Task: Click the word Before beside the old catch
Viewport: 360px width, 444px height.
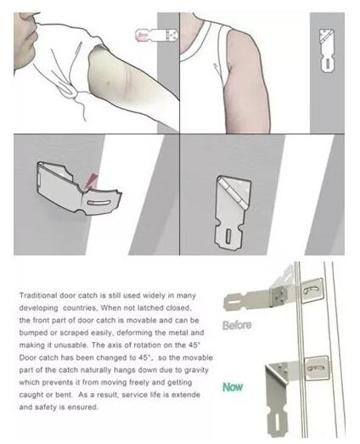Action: tap(237, 325)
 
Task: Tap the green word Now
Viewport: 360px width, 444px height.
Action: tap(233, 387)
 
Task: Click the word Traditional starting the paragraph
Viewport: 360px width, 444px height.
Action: tap(38, 295)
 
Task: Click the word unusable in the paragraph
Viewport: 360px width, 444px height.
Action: tap(70, 346)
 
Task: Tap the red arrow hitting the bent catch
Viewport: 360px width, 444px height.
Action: tap(91, 181)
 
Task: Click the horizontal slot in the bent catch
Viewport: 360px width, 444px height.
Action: tap(98, 203)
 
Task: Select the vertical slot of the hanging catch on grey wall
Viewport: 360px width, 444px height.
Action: tap(228, 236)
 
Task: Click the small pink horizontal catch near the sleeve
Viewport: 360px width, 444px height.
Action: tap(156, 35)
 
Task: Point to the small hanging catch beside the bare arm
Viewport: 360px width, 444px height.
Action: tap(327, 50)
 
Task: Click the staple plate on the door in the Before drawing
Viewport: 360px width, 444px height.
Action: tap(312, 291)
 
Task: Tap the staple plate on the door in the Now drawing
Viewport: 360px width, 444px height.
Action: tap(317, 368)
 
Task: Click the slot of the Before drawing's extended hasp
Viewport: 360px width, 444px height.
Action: tap(233, 301)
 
